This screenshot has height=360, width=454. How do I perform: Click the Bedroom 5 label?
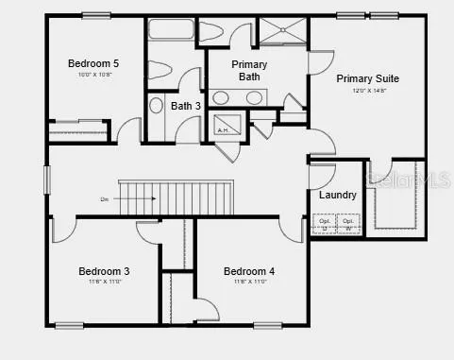[92, 63]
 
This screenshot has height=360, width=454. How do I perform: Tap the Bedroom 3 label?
[104, 271]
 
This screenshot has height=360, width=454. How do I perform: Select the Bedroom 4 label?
[248, 271]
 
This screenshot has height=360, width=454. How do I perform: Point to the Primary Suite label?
[367, 79]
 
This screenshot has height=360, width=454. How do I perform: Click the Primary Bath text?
[250, 71]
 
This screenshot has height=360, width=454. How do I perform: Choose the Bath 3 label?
[186, 106]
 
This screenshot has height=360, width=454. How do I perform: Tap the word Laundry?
[337, 196]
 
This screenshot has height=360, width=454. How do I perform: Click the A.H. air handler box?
[225, 125]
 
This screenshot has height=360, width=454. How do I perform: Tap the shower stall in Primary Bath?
[283, 33]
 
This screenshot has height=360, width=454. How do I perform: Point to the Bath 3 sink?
[157, 105]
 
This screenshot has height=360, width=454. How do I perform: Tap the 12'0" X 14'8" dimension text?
[367, 92]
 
